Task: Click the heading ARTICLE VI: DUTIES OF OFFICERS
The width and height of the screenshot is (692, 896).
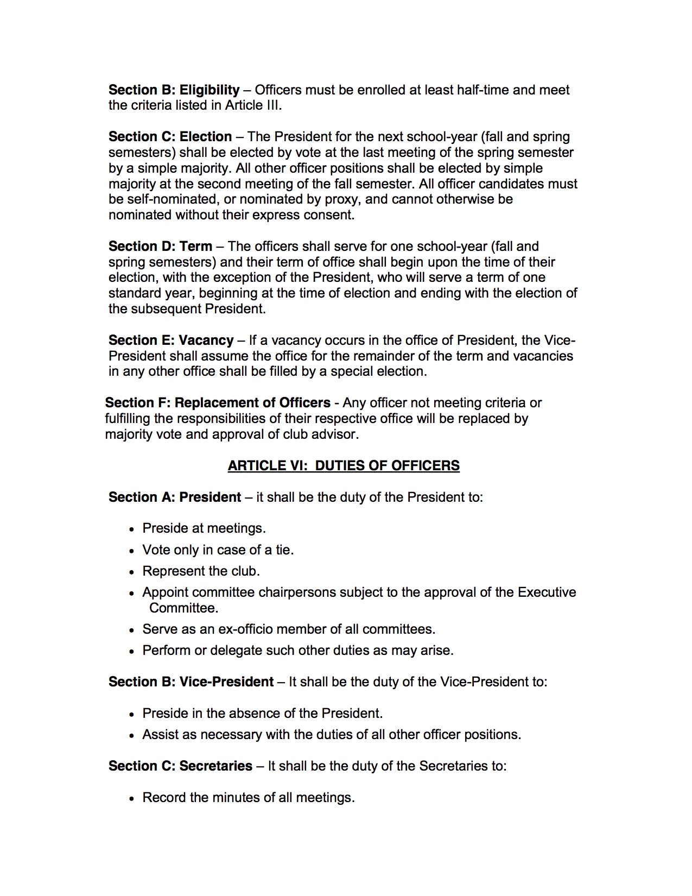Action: (x=344, y=466)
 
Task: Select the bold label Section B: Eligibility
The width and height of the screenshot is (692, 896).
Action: (x=174, y=90)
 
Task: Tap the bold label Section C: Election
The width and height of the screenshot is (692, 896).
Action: (x=170, y=137)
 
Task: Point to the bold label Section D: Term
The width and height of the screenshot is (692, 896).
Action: (x=160, y=247)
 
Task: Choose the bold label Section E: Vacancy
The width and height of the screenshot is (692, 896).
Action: (x=171, y=340)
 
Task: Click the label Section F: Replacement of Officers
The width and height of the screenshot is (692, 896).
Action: (x=218, y=403)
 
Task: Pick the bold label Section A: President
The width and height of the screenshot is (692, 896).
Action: (x=175, y=497)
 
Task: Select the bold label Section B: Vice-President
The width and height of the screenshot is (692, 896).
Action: (x=191, y=682)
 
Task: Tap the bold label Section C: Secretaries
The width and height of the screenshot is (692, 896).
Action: (x=180, y=766)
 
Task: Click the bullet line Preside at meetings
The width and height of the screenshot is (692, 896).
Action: (x=204, y=528)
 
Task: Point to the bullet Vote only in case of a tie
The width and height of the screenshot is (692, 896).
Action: (x=218, y=550)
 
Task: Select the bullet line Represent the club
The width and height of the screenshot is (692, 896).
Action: (x=201, y=571)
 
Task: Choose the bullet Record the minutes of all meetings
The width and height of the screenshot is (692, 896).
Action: (x=248, y=798)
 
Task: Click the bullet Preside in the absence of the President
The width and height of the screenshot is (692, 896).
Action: (x=262, y=714)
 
